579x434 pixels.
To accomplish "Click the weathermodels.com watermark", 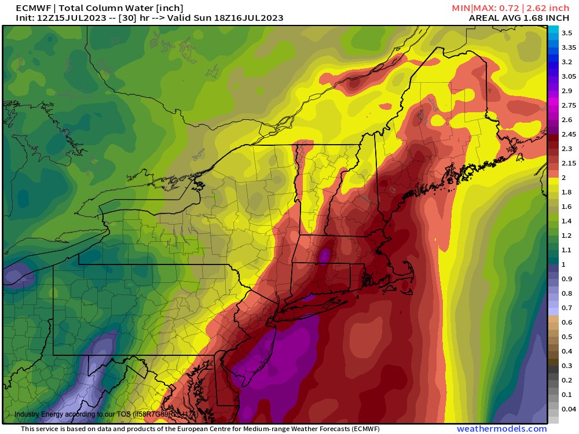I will (501, 429).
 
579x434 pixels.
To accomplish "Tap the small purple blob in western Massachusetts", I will (325, 255).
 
